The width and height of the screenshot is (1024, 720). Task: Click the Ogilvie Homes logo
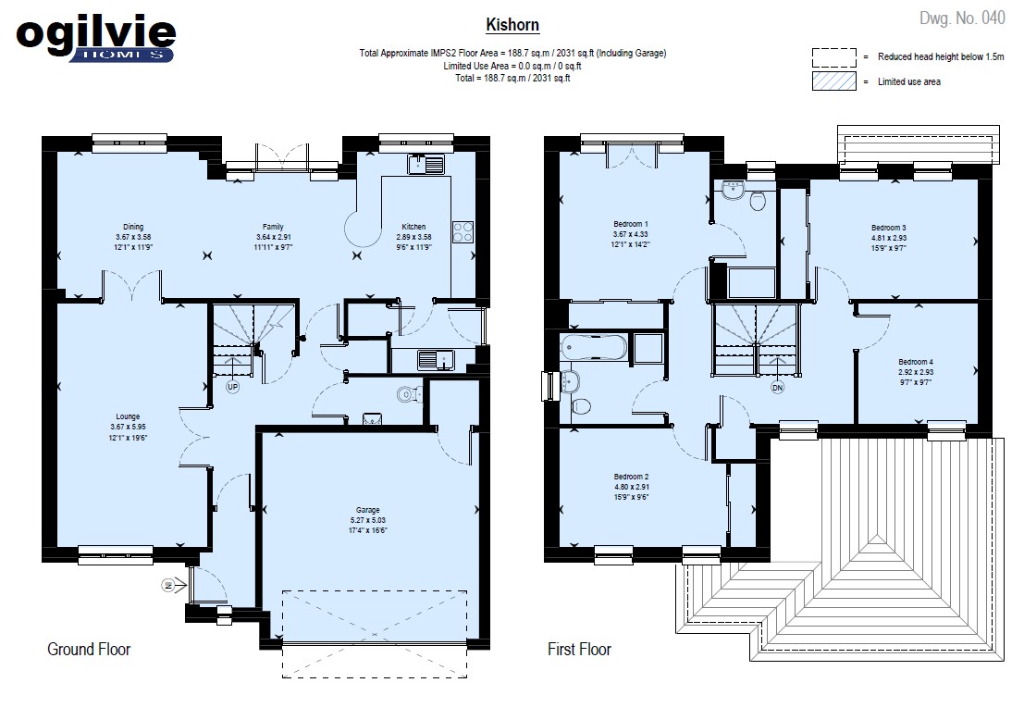[96, 39]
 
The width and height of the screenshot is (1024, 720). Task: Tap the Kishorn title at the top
[512, 25]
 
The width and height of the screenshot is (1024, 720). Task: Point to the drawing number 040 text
[962, 19]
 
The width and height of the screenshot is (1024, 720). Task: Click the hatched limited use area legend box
[834, 81]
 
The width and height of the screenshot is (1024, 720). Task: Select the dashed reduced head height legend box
[834, 57]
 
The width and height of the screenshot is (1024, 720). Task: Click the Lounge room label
[128, 416]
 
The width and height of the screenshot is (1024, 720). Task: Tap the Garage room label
[367, 510]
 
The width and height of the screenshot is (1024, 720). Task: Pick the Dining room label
[133, 227]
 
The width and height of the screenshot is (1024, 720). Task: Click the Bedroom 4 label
[916, 361]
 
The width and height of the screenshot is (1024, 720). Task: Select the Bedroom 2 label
[631, 477]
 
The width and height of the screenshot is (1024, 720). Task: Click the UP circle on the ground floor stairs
[232, 387]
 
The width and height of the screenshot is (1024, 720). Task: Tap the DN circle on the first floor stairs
[777, 388]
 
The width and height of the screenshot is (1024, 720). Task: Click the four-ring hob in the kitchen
[463, 232]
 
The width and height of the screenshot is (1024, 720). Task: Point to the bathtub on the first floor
[594, 347]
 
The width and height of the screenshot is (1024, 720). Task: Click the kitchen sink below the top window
[426, 164]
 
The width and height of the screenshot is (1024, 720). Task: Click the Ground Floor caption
[89, 649]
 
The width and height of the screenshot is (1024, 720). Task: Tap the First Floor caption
[579, 649]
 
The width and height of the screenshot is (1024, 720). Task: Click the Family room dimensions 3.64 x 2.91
[274, 237]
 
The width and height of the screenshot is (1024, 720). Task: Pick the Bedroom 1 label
[631, 223]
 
